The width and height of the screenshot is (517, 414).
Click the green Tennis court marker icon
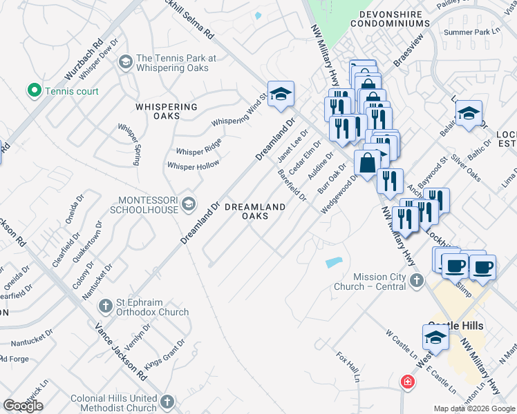point(32,90)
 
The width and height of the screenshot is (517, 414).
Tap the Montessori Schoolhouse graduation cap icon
point(188,204)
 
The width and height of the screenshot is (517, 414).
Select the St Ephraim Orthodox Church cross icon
point(105,305)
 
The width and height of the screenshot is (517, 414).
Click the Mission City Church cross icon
point(415,280)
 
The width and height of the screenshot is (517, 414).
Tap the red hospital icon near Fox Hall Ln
point(408,381)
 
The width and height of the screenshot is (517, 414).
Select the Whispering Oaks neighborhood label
point(167,112)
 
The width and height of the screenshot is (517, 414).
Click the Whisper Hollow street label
point(194,165)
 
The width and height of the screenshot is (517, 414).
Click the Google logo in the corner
point(23,405)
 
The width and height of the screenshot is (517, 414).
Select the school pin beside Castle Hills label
point(434,337)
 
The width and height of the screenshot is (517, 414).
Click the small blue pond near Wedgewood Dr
point(333,262)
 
